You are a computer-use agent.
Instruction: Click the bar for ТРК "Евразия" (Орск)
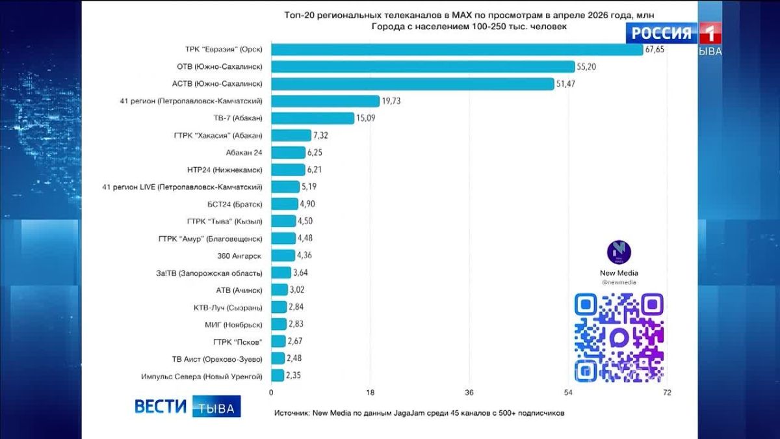click(457, 49)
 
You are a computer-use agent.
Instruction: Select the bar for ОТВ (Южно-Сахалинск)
click(423, 66)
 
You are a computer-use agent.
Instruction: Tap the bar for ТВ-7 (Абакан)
click(313, 118)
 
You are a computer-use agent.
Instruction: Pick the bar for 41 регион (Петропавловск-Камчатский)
click(325, 101)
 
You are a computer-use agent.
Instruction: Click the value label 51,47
click(565, 84)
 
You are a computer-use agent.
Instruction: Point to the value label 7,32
click(320, 135)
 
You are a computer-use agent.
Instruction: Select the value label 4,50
click(305, 221)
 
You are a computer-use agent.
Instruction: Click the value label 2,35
click(294, 376)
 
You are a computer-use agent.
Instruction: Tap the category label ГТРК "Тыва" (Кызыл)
click(225, 222)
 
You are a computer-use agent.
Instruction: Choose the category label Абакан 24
click(244, 153)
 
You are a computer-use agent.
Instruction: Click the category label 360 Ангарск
click(239, 256)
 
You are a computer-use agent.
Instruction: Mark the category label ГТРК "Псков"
click(237, 342)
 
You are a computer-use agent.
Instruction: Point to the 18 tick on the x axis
click(370, 393)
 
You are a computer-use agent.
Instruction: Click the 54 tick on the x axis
click(568, 393)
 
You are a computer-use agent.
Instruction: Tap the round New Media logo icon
click(619, 252)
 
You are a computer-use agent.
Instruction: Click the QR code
click(619, 338)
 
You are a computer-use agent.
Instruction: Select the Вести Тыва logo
click(187, 406)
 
